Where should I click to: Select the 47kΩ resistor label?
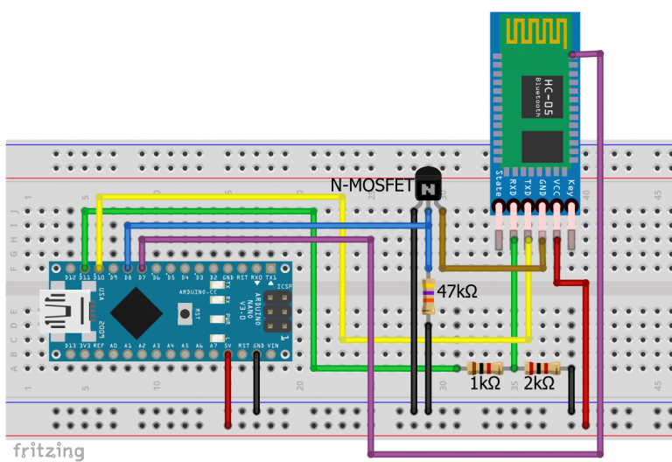(x=457, y=291)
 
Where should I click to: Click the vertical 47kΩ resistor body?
(x=428, y=296)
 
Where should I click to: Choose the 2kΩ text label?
(x=539, y=383)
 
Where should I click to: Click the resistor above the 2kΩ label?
(x=541, y=368)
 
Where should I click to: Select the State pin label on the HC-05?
(x=499, y=184)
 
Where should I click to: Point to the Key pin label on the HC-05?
(x=571, y=187)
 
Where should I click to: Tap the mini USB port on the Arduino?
(x=62, y=312)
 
